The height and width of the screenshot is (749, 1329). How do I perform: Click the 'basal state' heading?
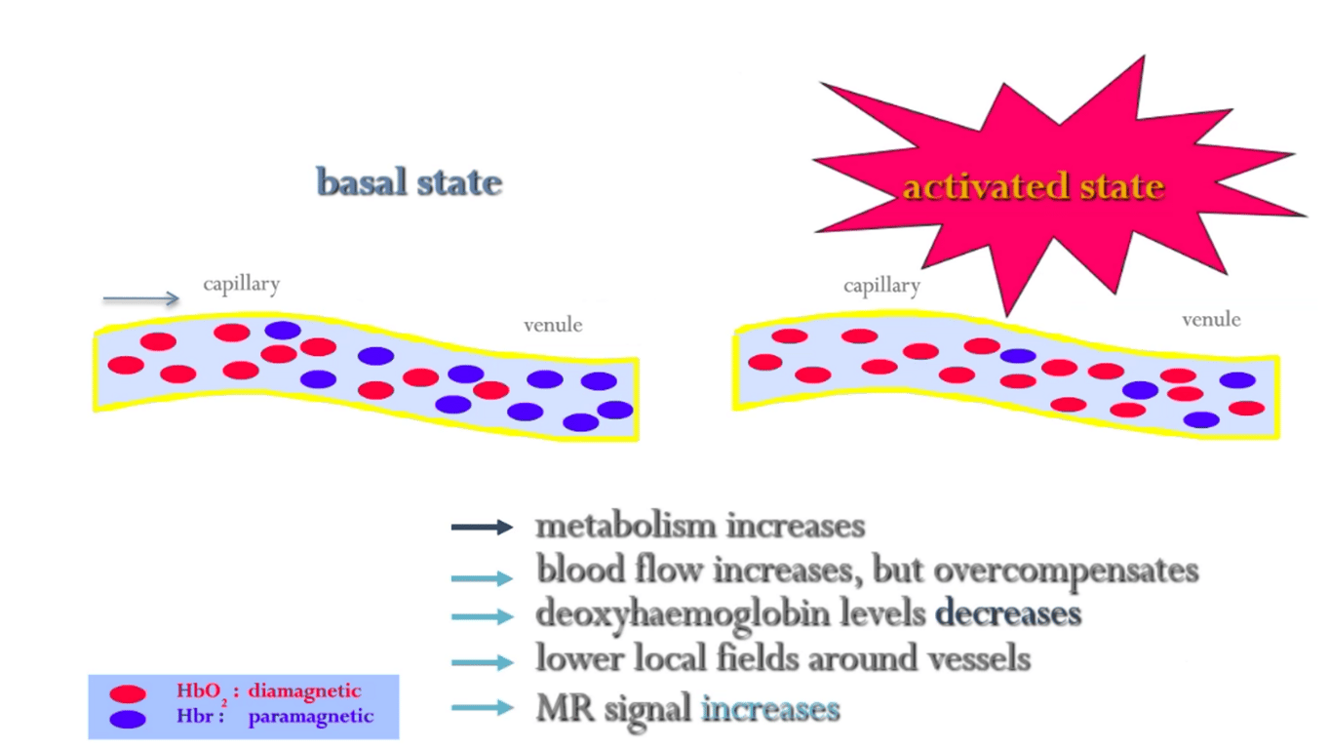410,181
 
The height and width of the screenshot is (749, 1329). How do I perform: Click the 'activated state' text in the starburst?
1034,187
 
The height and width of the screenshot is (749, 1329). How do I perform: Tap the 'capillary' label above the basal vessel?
242,284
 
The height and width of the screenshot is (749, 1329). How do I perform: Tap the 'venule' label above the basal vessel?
553,325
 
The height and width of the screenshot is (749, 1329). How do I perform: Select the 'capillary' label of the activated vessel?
881,286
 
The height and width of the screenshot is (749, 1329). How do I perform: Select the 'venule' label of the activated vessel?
1211,319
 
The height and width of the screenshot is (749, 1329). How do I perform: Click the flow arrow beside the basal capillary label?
140,297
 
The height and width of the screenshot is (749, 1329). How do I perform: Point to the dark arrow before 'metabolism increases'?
482,527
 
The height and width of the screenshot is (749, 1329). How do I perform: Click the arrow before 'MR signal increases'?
483,707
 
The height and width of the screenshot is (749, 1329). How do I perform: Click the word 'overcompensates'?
1066,571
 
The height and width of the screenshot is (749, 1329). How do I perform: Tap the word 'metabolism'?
626,526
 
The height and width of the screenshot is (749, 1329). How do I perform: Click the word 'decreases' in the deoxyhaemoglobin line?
1008,613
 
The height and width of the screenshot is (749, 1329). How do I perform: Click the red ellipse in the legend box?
128,693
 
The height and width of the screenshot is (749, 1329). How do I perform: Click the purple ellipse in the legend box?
128,720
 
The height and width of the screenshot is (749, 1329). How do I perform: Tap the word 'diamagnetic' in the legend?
304,691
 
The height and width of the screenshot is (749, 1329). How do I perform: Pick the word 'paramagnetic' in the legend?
311,717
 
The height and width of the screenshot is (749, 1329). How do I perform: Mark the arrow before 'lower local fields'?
483,662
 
